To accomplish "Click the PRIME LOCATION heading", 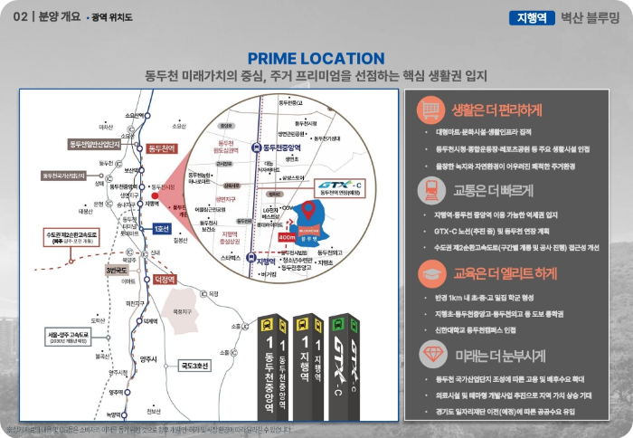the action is (x=316, y=59).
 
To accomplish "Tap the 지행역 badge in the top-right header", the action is (x=533, y=16).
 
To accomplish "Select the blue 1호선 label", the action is (x=163, y=228).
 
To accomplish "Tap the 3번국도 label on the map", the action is (x=118, y=270).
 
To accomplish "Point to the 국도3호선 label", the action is (x=194, y=365).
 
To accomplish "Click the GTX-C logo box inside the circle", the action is (x=340, y=187).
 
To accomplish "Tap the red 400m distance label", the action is (x=288, y=237).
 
